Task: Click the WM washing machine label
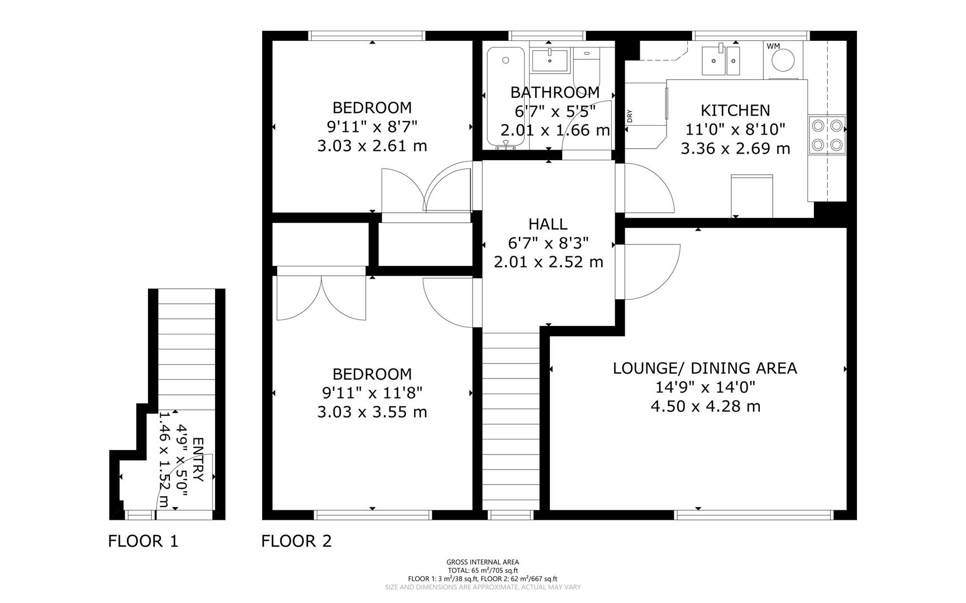coord(773,46)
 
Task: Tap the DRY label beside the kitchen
coord(630,116)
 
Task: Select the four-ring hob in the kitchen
coord(827,135)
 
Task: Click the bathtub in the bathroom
coord(505,98)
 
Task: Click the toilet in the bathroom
coord(586,67)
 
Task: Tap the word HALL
coord(548,224)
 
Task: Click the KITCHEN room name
coord(735,111)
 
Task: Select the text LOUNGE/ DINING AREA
coord(705,368)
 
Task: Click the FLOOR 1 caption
coord(143,541)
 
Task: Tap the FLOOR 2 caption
coord(297,541)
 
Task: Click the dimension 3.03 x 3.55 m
coord(372,413)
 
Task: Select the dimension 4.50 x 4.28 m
coord(705,406)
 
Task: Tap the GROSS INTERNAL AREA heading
coord(483,562)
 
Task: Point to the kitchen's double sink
coord(721,60)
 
